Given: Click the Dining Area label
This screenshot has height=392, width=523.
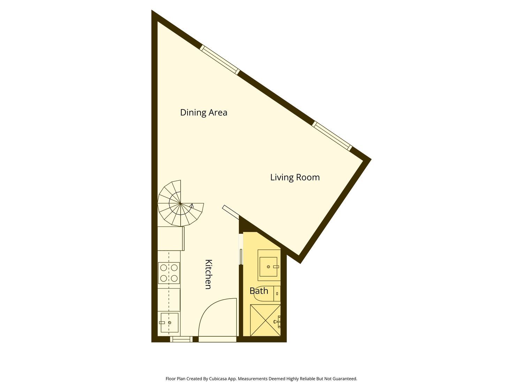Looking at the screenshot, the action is (x=204, y=112).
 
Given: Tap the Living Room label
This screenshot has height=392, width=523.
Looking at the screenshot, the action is (x=295, y=177).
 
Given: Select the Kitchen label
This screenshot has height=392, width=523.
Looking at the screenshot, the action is (x=209, y=274).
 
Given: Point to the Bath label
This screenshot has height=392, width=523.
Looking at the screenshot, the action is (x=259, y=291).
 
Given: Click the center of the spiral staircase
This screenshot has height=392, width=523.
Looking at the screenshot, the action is (x=180, y=203).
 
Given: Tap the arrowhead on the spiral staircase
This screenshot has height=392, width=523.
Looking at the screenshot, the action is (x=192, y=205).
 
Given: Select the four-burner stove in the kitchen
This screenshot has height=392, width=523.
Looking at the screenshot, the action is (x=169, y=273).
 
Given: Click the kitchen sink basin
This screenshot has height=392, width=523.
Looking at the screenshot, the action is (x=169, y=323).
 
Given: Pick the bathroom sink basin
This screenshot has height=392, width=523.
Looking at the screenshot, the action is (x=268, y=267).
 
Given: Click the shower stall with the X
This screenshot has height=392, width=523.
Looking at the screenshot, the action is (x=265, y=320).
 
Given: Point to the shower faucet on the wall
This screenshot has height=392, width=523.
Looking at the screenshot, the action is (x=278, y=322).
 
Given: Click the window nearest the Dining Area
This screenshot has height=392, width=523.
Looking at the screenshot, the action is (x=220, y=60).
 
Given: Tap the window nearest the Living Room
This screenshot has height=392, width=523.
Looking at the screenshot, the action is (x=332, y=136).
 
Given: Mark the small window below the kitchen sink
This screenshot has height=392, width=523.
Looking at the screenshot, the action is (x=181, y=339).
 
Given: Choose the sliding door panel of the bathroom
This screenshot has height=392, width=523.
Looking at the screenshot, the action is (x=241, y=256).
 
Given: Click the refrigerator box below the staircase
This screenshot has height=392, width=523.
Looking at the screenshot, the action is (x=171, y=238).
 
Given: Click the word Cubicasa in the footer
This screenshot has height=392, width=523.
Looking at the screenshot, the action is (x=218, y=379).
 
